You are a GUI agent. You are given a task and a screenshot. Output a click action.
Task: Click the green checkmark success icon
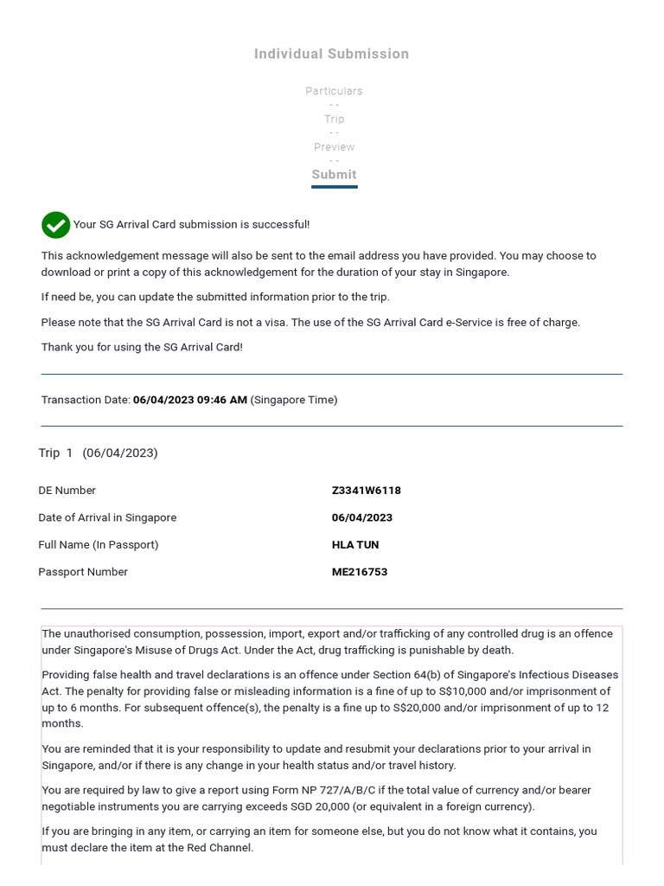(56, 225)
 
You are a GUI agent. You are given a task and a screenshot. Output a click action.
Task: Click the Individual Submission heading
(331, 54)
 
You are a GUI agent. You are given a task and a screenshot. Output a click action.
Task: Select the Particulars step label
(334, 91)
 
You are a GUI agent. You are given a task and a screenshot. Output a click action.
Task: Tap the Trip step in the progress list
(334, 119)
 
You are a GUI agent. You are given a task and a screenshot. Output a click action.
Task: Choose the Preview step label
(334, 147)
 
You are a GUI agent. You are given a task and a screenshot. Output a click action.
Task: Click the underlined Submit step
(334, 175)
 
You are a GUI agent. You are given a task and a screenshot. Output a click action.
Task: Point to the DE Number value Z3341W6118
(366, 491)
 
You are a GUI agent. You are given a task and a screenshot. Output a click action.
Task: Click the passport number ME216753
(359, 572)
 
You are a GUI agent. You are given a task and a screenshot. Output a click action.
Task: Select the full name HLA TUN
(354, 545)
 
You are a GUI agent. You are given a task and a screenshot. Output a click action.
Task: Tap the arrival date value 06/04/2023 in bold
(361, 517)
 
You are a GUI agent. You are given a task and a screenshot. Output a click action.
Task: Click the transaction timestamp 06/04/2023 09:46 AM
(189, 400)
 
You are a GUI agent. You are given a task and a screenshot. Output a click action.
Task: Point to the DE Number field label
(67, 491)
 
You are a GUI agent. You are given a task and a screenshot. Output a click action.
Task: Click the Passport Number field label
(82, 572)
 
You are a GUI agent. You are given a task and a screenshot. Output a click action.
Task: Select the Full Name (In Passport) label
(98, 545)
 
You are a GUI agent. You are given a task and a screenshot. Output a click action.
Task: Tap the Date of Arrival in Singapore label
(106, 517)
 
